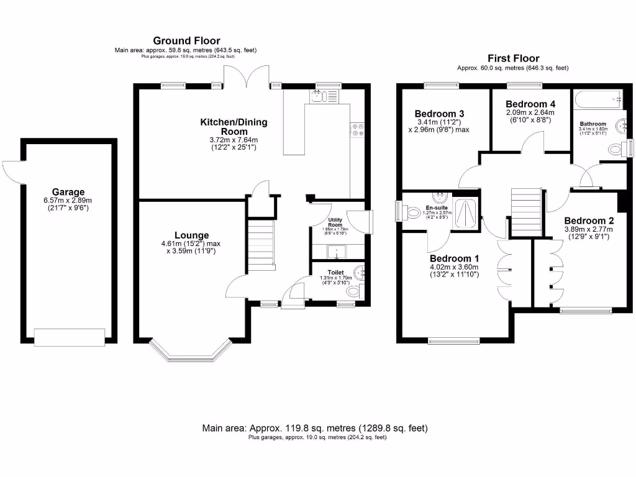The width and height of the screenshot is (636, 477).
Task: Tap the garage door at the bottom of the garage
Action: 69,337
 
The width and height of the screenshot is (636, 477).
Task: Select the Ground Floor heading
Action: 186,41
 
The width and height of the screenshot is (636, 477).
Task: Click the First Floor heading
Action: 513,58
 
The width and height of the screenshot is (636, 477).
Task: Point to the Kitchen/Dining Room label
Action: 234,127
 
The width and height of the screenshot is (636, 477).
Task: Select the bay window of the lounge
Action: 191,352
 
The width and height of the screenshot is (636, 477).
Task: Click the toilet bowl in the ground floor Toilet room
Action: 353,291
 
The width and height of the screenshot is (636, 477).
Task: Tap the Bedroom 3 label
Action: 440,114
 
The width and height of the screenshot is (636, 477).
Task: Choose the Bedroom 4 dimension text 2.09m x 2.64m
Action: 530,112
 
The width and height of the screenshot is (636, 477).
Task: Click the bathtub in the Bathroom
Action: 598,98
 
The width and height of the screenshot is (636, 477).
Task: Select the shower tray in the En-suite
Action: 466,214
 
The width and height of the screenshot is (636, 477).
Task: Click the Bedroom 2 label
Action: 589,220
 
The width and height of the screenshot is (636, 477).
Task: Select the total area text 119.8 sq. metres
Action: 315,428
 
